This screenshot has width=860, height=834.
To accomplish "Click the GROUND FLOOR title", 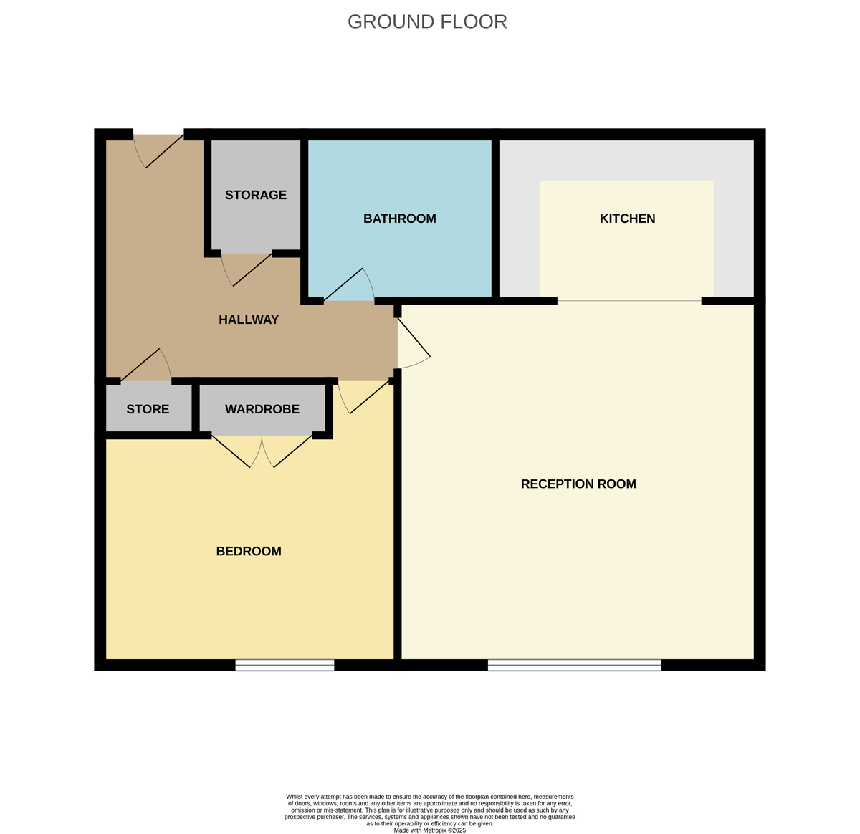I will (427, 22).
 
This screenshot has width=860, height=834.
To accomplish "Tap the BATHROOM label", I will (399, 219).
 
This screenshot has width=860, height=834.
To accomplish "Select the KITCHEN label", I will (627, 219).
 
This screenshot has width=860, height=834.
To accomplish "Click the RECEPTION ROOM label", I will (578, 484).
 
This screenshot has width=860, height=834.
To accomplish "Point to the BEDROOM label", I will (249, 551).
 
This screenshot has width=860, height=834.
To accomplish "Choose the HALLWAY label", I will (249, 320).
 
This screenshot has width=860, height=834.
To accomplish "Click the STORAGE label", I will (256, 195).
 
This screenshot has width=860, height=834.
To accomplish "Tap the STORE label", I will (148, 409).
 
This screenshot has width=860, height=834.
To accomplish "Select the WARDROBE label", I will (262, 409).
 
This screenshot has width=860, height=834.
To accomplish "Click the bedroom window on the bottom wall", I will (285, 666).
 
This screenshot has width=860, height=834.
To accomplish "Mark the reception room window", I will (574, 666).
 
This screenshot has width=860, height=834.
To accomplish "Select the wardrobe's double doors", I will (262, 451).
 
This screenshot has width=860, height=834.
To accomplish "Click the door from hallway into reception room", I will (414, 344).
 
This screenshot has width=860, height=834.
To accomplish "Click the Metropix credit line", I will (430, 830).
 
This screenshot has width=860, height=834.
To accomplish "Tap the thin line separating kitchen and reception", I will (629, 301).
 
